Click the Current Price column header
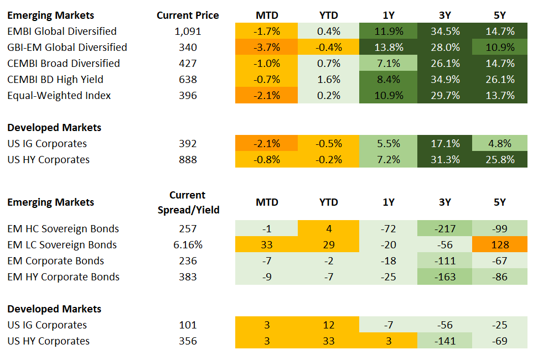188,15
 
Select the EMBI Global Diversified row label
62,32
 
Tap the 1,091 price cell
188,32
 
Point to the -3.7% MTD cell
266,48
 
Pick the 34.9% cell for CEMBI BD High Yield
444,80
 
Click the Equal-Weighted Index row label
59,96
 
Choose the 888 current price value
188,160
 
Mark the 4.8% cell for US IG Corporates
500,144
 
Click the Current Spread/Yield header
188,202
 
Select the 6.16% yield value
188,245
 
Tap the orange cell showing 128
500,245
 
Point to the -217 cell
444,229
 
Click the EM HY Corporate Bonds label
63,277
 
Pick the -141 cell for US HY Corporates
444,341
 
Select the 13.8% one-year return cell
389,48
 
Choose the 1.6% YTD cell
328,80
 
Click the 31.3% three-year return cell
444,160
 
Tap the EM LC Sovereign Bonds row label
62,245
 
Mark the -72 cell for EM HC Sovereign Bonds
389,229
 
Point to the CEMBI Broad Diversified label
63,64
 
